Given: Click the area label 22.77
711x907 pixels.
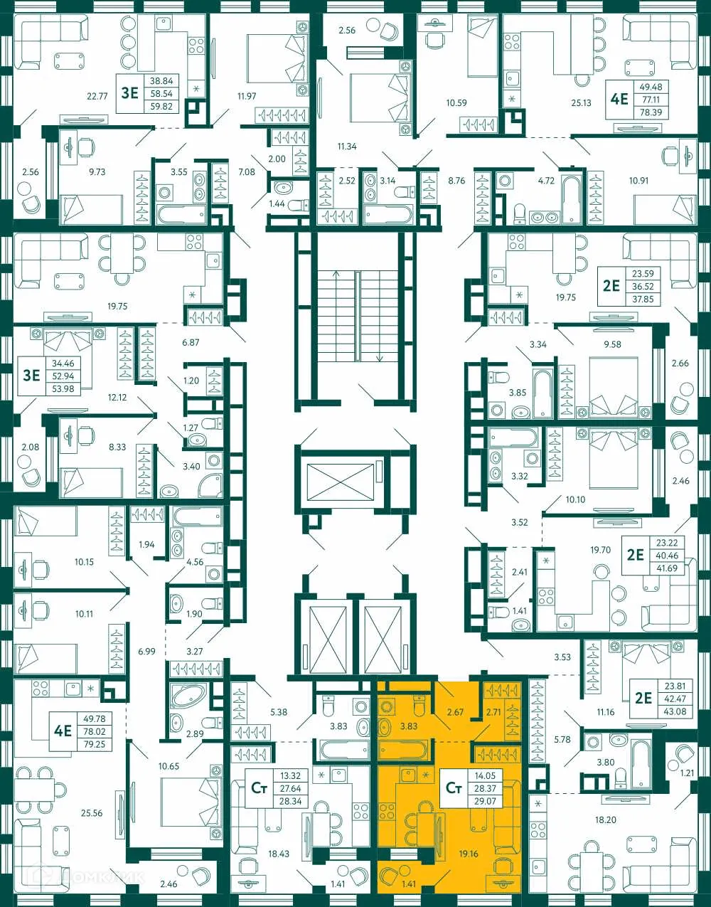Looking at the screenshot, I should [97, 96].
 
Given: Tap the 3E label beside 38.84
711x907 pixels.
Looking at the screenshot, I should [129, 92].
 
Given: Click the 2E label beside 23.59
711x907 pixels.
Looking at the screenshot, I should [611, 286].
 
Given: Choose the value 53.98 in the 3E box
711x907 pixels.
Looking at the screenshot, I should [63, 388].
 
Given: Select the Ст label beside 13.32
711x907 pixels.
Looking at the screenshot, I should [260, 787].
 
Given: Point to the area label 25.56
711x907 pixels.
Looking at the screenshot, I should [92, 812].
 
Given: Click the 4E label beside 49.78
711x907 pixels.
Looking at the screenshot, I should [63, 731].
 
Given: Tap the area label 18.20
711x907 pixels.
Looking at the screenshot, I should [606, 820].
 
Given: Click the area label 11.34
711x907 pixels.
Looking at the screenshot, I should [347, 147].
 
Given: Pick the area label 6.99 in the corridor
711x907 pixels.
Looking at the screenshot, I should [146, 651].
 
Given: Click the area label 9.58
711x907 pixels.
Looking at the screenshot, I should [612, 344].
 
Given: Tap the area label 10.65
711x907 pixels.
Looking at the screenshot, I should [169, 766].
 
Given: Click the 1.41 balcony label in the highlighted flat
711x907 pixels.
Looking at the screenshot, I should [408, 884].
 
